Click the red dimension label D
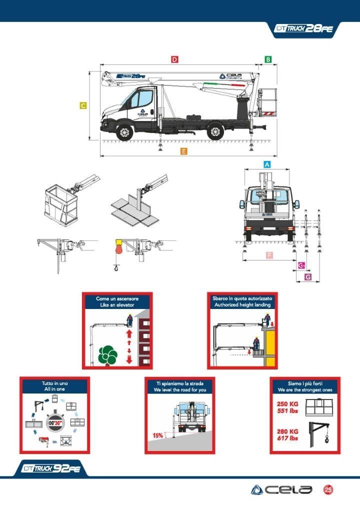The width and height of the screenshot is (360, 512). point(174,59)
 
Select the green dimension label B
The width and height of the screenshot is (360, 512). point(268,59)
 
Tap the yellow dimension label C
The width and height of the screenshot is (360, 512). point(83,105)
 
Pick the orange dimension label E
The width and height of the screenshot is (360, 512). point(184,151)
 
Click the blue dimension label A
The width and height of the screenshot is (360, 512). point(267,164)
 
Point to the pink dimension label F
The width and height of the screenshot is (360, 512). point(269,255)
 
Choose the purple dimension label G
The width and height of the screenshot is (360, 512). point(307,276)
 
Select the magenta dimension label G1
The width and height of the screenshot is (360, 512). point(301,265)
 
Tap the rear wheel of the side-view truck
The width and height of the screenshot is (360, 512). point(215,132)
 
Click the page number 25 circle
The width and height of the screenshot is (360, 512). point(328,489)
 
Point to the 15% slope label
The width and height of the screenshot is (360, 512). point(157,435)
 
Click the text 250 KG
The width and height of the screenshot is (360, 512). point(287,404)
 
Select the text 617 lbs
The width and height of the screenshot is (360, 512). point(287,438)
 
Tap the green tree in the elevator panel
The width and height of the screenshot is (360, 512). point(107,355)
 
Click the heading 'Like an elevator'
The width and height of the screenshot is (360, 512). point(117,304)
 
